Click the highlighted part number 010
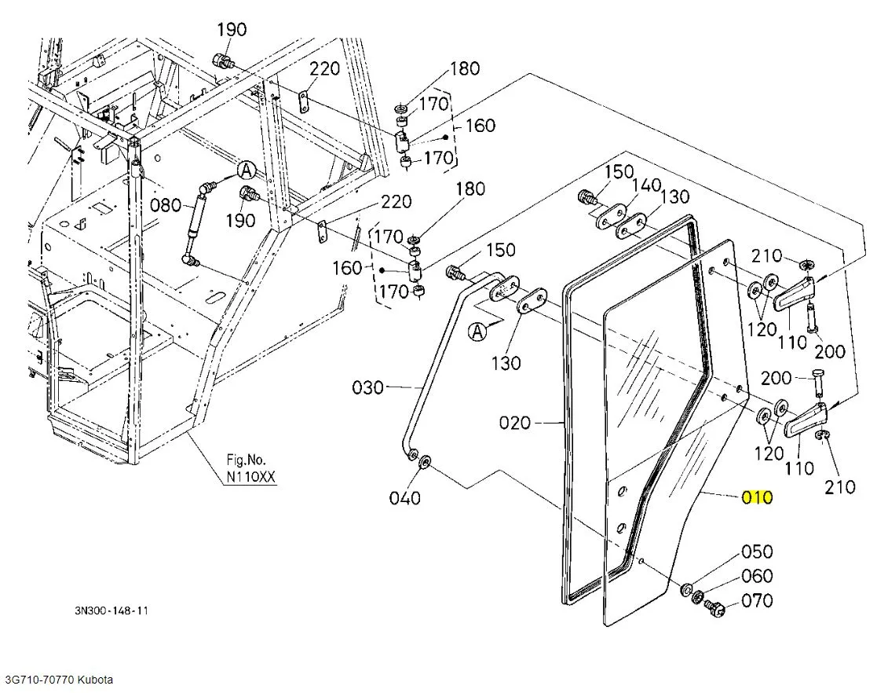click(x=757, y=497)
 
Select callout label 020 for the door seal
click(x=514, y=422)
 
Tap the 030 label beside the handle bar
click(x=367, y=387)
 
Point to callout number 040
click(x=404, y=497)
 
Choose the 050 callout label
click(x=757, y=552)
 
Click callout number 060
click(x=757, y=575)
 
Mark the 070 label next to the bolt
click(x=757, y=600)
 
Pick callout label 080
click(x=166, y=205)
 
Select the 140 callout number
click(x=647, y=185)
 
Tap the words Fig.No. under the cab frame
click(x=246, y=460)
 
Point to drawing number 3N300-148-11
click(x=111, y=610)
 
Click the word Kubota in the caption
click(x=95, y=680)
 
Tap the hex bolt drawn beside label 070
click(x=715, y=607)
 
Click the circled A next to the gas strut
click(x=246, y=170)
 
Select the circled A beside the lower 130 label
click(x=477, y=332)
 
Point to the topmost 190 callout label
click(x=232, y=29)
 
